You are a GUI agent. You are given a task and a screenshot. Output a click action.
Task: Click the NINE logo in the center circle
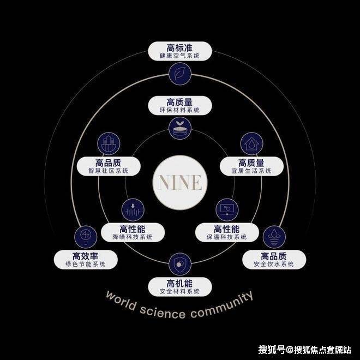(x=180, y=183)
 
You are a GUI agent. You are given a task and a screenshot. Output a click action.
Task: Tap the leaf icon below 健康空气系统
(x=180, y=74)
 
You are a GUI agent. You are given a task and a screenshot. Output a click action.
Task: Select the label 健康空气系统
(x=179, y=56)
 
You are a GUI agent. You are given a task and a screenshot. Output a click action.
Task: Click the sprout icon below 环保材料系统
(x=180, y=128)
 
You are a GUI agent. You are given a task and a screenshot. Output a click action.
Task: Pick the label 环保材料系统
(x=179, y=110)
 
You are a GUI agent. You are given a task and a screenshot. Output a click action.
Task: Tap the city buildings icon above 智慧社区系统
(x=109, y=143)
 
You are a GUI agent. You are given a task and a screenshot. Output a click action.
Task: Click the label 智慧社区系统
(x=109, y=171)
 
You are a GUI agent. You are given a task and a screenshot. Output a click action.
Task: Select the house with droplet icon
(x=251, y=143)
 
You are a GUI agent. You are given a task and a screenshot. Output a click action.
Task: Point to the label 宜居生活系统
(x=251, y=171)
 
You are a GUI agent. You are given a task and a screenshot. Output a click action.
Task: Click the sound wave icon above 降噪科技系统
(x=133, y=210)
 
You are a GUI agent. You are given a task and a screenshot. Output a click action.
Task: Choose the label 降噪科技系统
(x=133, y=237)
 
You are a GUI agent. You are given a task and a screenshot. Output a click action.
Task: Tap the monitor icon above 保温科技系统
(x=227, y=210)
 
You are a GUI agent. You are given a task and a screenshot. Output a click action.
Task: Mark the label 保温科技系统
(x=227, y=237)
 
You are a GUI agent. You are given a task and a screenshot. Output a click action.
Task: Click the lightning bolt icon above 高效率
(x=86, y=237)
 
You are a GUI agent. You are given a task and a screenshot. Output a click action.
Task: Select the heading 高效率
(x=86, y=256)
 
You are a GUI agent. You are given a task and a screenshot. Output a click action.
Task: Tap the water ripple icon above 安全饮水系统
(x=274, y=237)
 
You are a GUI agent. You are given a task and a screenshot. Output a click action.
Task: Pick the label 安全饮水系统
(x=274, y=264)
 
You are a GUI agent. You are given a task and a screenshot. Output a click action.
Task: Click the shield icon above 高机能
(x=180, y=264)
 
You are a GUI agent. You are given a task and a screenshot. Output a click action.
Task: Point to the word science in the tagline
(x=163, y=312)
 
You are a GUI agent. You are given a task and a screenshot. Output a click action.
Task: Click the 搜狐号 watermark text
(x=272, y=350)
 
